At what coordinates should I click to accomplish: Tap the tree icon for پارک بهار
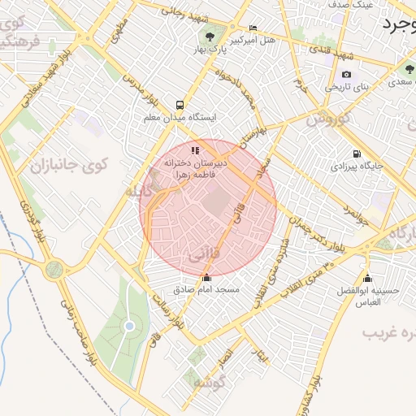211,37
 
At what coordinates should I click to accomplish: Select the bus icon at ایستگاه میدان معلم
179,105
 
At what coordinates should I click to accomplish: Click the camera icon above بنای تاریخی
347,75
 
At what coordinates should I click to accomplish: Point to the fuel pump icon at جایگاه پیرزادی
357,154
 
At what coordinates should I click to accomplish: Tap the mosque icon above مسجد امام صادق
206,279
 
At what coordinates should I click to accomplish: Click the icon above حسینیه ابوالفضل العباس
367,279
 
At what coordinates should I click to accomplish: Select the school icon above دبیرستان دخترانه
195,150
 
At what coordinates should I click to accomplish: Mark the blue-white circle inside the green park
129,326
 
